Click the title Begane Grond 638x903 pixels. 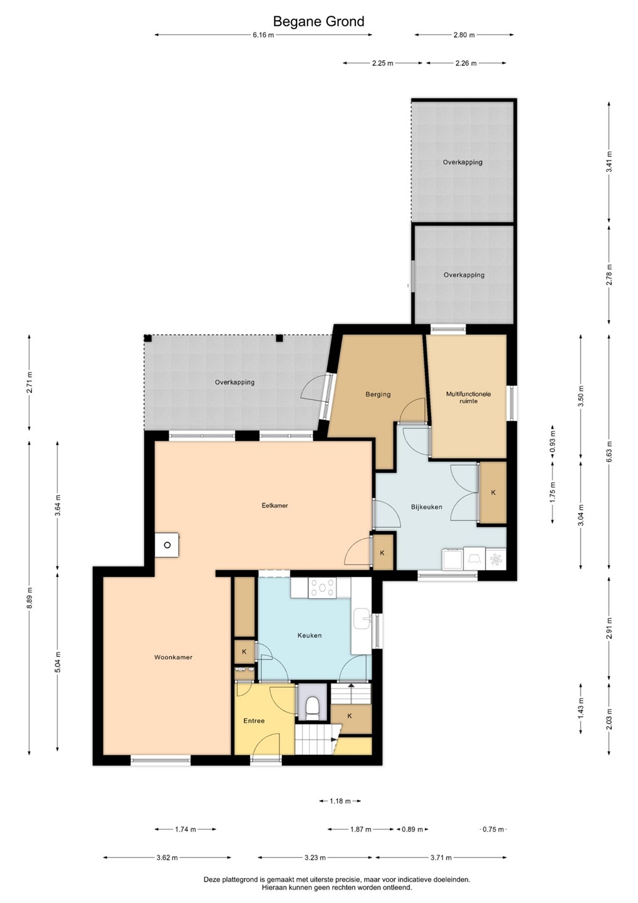pyautogui.click(x=318, y=21)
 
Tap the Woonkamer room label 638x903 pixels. pyautogui.click(x=173, y=657)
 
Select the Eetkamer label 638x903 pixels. pyautogui.click(x=275, y=505)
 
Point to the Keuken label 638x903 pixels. pyautogui.click(x=310, y=635)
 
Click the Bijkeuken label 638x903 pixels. pyautogui.click(x=427, y=507)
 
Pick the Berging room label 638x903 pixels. pyautogui.click(x=378, y=394)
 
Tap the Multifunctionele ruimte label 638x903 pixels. pyautogui.click(x=468, y=398)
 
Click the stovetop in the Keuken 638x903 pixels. pyautogui.click(x=322, y=588)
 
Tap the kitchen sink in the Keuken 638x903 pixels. pyautogui.click(x=362, y=618)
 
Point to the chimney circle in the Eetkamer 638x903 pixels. pyautogui.click(x=167, y=545)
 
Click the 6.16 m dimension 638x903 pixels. pyautogui.click(x=263, y=34)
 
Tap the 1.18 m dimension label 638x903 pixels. pyautogui.click(x=340, y=801)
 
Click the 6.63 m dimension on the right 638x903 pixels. pyautogui.click(x=609, y=448)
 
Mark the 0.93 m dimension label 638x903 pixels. pyautogui.click(x=553, y=441)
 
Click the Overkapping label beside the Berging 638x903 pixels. pyautogui.click(x=234, y=382)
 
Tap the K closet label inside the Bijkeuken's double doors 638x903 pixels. pyautogui.click(x=493, y=493)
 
